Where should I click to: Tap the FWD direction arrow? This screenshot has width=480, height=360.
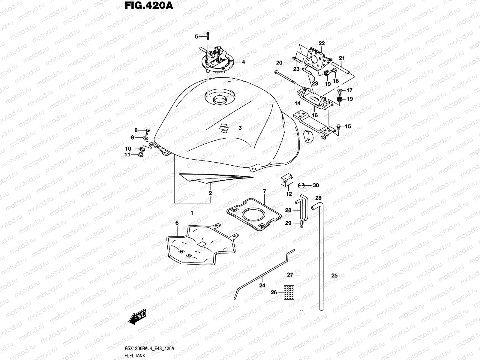pos(137,316)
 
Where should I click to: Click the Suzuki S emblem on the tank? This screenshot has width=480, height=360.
pos(225,128)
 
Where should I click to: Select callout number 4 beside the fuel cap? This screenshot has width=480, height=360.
pos(243,62)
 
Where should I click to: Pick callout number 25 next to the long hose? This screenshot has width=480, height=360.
pos(334,275)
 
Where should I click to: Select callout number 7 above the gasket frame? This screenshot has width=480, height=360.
pos(264,191)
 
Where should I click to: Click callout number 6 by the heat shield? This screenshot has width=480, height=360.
pos(177,223)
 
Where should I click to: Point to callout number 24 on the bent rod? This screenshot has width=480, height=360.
pos(262,285)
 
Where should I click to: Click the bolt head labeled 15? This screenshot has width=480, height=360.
pos(339,127)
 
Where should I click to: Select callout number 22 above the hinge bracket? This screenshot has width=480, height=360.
pos(322,43)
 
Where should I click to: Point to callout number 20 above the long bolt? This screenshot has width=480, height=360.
pos(279,63)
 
